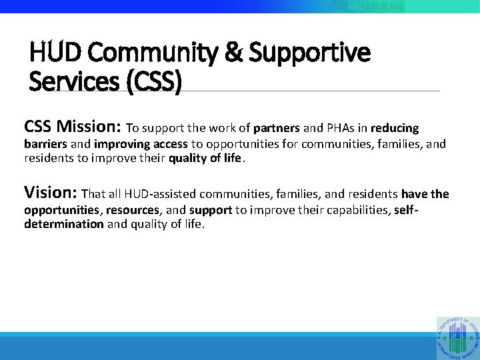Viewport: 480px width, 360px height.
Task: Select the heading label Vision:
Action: click(50, 193)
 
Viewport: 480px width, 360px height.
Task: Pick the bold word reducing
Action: click(395, 128)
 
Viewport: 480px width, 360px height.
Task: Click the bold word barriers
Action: click(45, 144)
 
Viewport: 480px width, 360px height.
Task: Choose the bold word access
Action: click(171, 144)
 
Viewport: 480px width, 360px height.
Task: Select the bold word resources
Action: click(131, 211)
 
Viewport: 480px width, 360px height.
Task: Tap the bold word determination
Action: click(63, 225)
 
